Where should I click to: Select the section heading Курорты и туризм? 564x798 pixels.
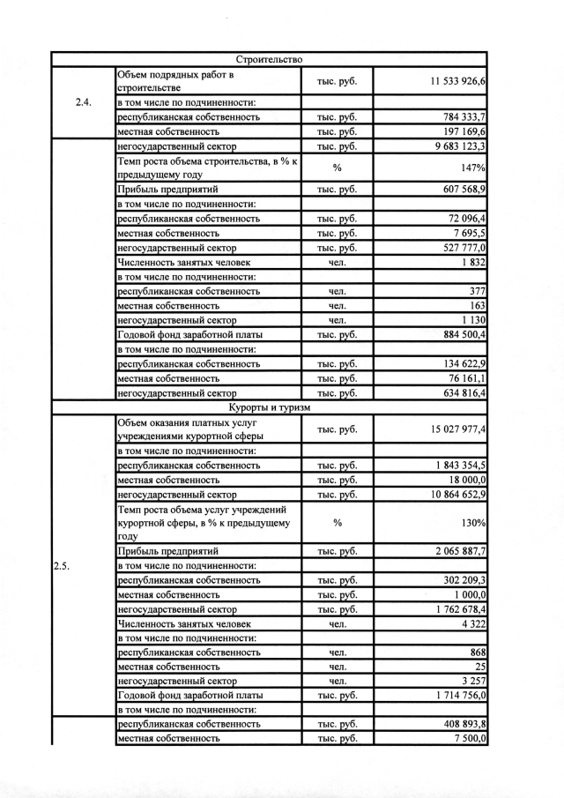269,407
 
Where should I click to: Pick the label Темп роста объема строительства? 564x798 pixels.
203,168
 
